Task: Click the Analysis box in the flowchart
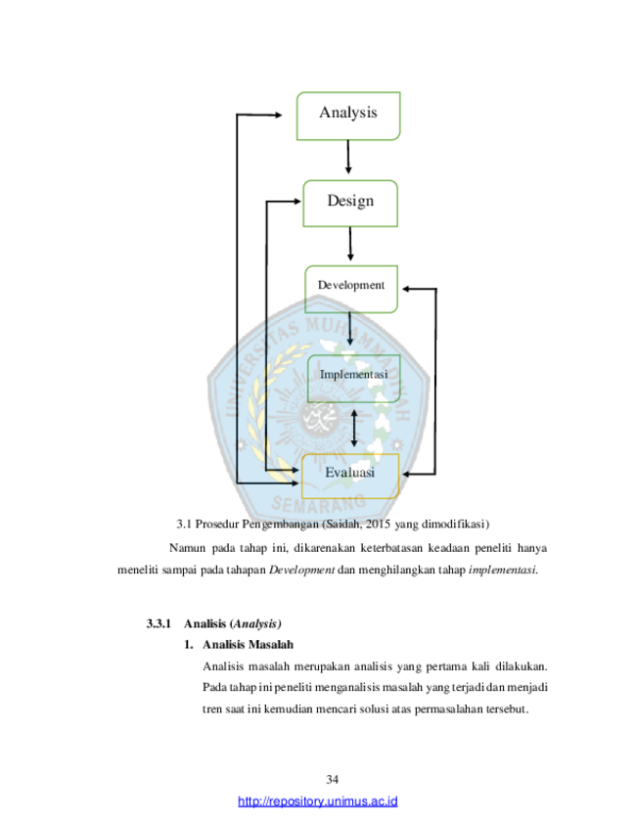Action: pyautogui.click(x=348, y=116)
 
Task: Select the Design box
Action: pyautogui.click(x=350, y=204)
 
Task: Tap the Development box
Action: pyautogui.click(x=351, y=290)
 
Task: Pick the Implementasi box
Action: pyautogui.click(x=353, y=379)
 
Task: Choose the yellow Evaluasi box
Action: pyautogui.click(x=350, y=476)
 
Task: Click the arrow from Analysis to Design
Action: pyautogui.click(x=348, y=157)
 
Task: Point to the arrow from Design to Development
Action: pyautogui.click(x=350, y=244)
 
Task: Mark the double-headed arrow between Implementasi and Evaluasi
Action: pyautogui.click(x=354, y=429)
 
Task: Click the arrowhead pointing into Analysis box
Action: pyautogui.click(x=279, y=114)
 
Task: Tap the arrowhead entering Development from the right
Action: pyautogui.click(x=406, y=289)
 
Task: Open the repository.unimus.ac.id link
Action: pyautogui.click(x=317, y=801)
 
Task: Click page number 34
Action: pyautogui.click(x=332, y=779)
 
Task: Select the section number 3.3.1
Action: pyautogui.click(x=159, y=623)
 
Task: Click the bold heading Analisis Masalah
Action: pyautogui.click(x=249, y=645)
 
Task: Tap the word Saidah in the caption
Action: pyautogui.click(x=343, y=524)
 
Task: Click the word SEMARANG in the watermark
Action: pyautogui.click(x=319, y=504)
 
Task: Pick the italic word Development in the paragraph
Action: pyautogui.click(x=301, y=570)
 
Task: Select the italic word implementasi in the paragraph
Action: pyautogui.click(x=502, y=570)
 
